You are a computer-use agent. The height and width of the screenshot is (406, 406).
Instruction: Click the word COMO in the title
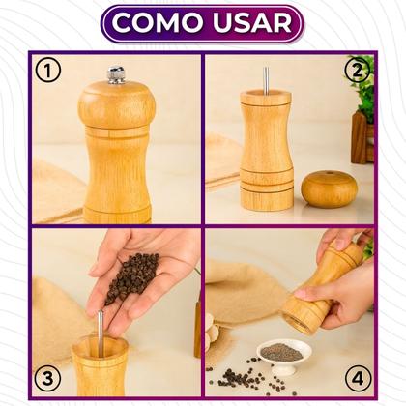point(159,23)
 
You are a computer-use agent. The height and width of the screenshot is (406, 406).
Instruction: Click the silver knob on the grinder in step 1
point(116,74)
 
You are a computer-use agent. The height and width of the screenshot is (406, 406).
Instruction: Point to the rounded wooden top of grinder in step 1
point(116,102)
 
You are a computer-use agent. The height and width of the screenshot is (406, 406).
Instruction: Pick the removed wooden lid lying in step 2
point(329,188)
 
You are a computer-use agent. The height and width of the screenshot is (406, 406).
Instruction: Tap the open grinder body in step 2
point(266,155)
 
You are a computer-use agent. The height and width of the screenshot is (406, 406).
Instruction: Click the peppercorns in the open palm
point(131,275)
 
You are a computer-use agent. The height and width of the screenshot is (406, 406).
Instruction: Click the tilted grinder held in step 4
point(329,285)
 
